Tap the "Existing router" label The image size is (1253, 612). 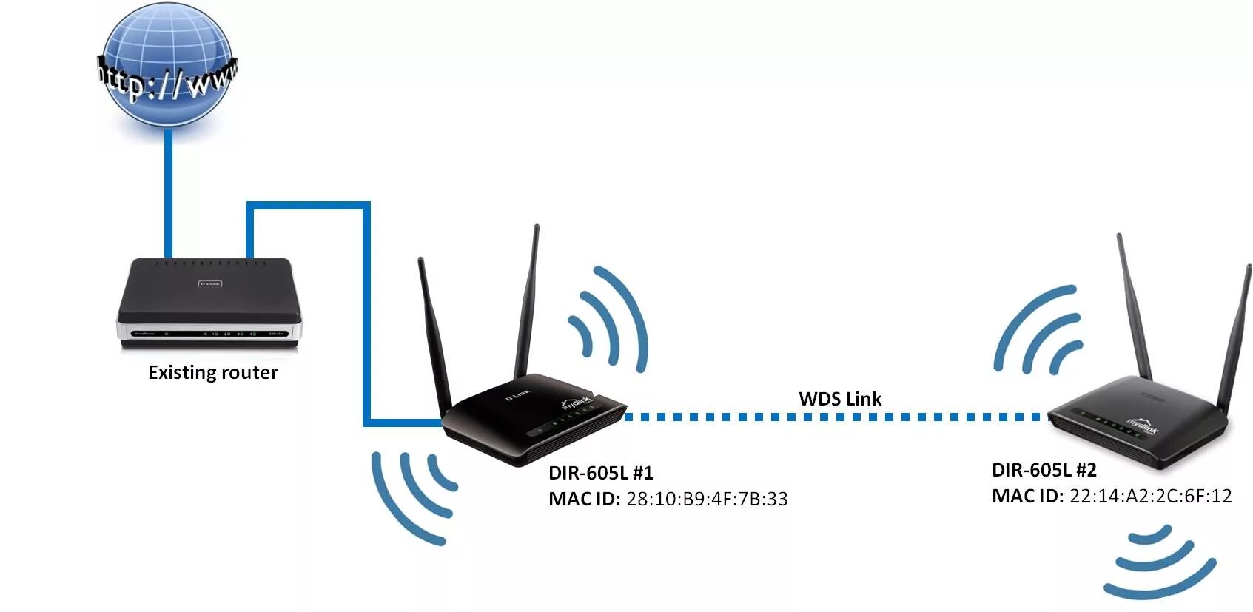(x=213, y=372)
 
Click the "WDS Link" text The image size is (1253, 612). (x=840, y=399)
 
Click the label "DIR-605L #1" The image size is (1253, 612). (x=600, y=473)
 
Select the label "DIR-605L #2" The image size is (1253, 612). (x=1044, y=470)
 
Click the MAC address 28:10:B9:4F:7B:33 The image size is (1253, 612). (x=707, y=499)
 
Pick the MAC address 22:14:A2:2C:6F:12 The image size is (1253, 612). (x=1150, y=496)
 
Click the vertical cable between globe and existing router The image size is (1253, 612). (x=169, y=192)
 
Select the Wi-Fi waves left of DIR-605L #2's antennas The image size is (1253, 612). (x=1036, y=329)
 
